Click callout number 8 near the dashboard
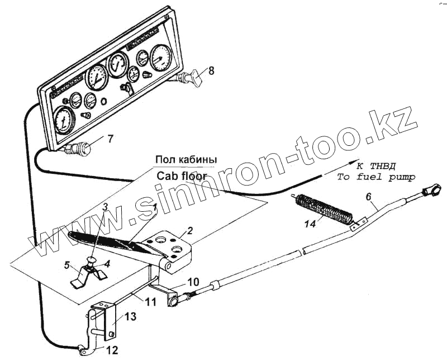[x=211, y=70]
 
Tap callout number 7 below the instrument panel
[x=110, y=138]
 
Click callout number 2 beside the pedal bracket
[x=190, y=230]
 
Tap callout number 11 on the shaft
[x=150, y=302]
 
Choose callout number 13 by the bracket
[x=130, y=317]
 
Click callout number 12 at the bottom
[x=112, y=351]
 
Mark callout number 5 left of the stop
[x=67, y=265]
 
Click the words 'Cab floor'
[x=182, y=175]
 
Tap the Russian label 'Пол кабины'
[x=186, y=159]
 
